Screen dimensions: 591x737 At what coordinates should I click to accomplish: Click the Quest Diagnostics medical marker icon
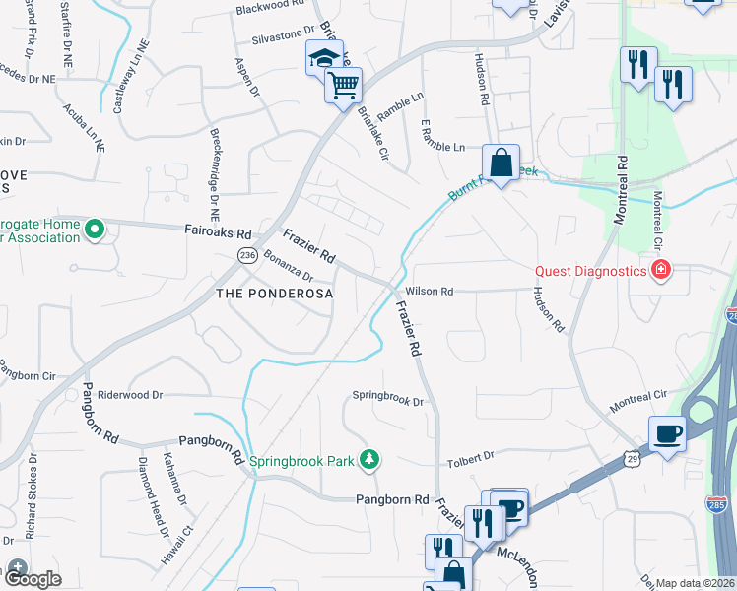659,270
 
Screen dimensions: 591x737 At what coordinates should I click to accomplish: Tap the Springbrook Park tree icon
369,460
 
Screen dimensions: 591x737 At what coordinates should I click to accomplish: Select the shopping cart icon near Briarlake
342,86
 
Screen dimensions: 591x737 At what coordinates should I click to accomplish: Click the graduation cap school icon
323,59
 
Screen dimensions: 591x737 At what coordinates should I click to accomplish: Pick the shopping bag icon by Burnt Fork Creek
501,163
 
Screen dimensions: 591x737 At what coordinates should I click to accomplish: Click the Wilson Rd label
429,292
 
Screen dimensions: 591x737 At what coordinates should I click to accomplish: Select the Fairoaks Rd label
218,232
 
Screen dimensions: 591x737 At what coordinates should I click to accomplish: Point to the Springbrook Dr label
388,401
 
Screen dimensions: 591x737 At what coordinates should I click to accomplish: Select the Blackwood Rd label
270,7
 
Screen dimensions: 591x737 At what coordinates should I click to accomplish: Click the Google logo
32,578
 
